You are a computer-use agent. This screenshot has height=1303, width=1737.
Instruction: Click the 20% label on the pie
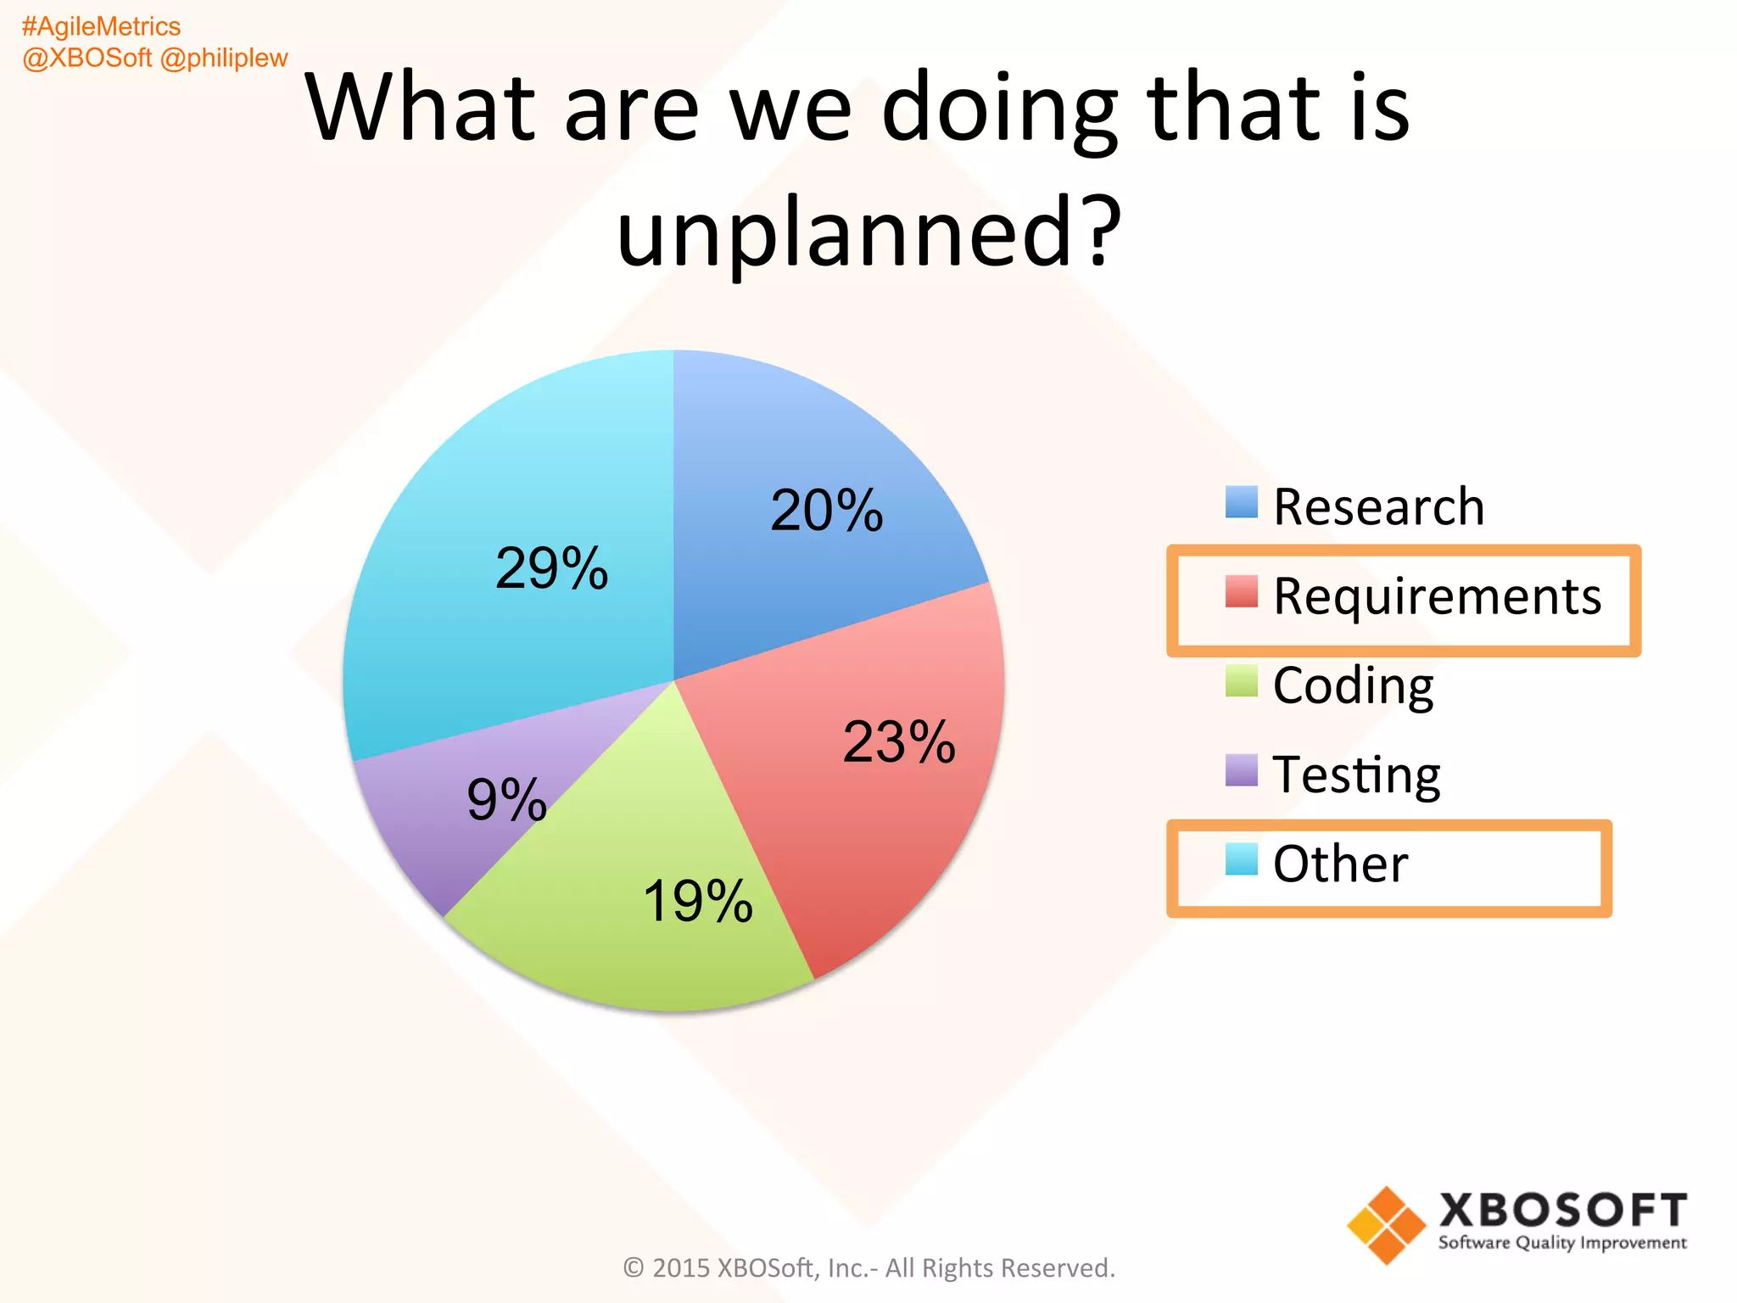coord(826,511)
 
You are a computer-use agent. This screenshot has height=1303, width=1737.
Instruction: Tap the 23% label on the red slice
coord(899,742)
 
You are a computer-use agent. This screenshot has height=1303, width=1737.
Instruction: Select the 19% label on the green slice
coord(697,901)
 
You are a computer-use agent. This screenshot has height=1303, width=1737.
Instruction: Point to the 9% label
coord(506,799)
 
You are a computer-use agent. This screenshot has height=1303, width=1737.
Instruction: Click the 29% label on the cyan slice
coord(551,568)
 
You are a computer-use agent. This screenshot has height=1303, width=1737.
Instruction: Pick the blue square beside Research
coord(1241,502)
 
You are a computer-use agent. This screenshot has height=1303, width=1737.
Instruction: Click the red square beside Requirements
coord(1241,591)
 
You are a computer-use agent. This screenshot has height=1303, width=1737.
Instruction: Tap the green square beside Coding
coord(1241,680)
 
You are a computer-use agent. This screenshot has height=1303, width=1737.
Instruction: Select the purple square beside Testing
coord(1241,770)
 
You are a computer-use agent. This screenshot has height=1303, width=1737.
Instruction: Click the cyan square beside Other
coord(1241,859)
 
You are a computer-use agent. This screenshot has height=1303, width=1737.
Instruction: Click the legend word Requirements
coord(1437,596)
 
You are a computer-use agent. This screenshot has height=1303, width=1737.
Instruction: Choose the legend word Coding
coord(1353,685)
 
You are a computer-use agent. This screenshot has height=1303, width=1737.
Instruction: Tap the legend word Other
coord(1340,864)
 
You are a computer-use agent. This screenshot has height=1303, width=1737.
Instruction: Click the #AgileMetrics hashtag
coord(101,27)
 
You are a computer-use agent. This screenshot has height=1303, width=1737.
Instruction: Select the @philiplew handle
coord(224,58)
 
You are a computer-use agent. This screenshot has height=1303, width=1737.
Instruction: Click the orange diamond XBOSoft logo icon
coord(1386,1225)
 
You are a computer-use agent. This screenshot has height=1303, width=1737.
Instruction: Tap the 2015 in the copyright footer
coord(681,1267)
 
